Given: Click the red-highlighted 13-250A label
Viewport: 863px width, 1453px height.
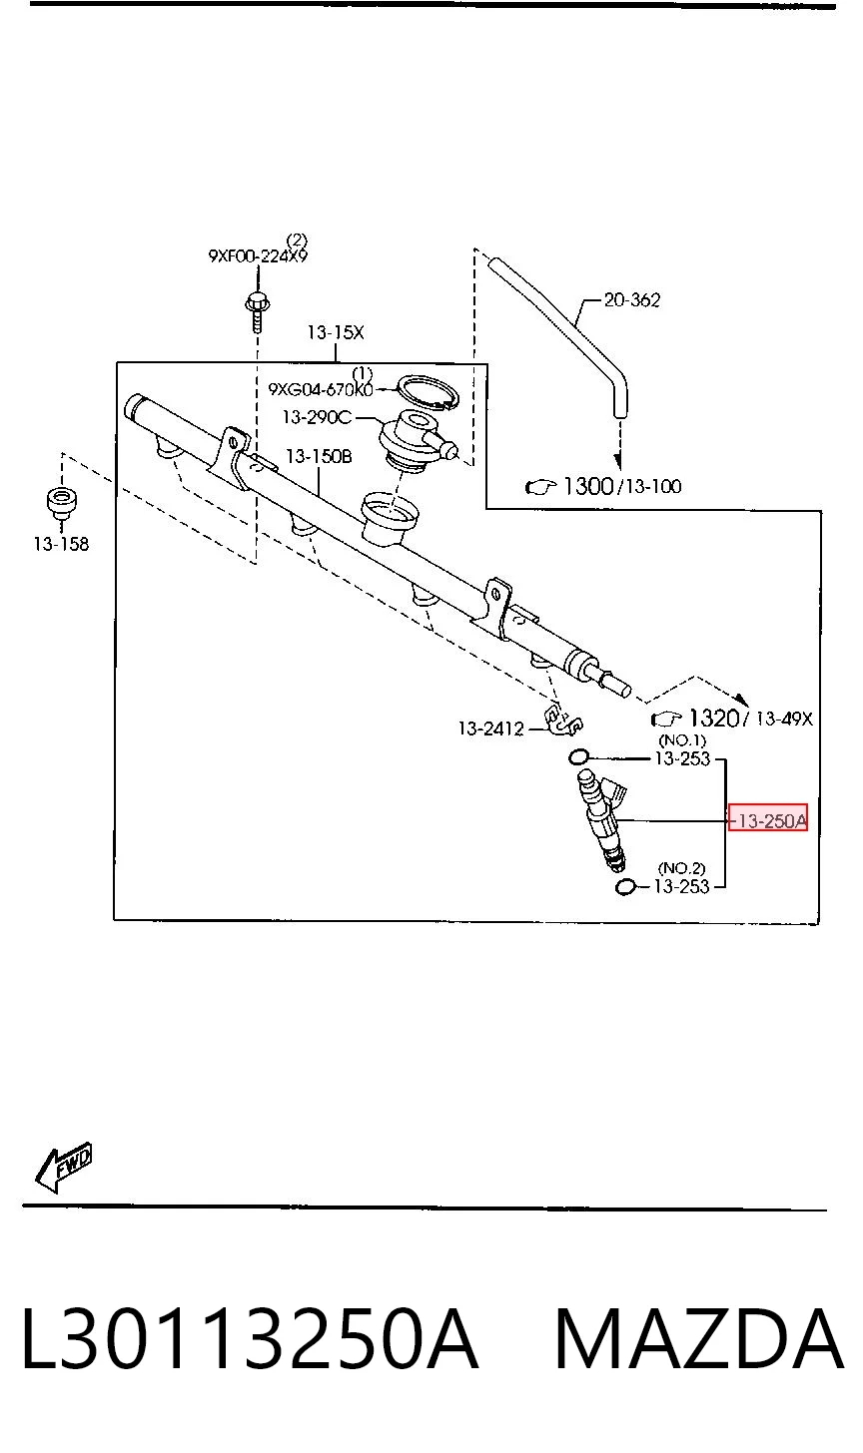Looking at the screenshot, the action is (x=767, y=821).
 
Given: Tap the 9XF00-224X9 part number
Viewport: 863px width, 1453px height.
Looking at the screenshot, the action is (x=258, y=255).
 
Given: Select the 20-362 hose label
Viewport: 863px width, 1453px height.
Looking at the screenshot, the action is (x=632, y=299).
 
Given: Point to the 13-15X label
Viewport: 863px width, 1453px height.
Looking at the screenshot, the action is (x=336, y=332).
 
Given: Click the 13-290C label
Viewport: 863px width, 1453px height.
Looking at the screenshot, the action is (x=317, y=417).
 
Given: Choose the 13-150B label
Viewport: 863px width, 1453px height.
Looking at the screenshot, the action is (x=319, y=457).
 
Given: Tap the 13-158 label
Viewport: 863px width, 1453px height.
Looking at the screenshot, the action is (x=61, y=544).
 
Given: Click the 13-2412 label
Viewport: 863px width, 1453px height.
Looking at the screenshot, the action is (x=490, y=728).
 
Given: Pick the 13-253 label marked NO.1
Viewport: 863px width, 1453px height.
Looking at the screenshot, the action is (x=682, y=758).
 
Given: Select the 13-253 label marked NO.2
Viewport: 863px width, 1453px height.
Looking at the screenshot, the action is (x=681, y=886).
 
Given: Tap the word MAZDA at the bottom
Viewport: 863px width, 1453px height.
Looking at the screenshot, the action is (x=699, y=1339).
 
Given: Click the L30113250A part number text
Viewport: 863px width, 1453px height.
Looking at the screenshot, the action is (x=250, y=1339).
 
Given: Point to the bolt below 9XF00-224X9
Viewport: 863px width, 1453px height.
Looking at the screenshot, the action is (x=258, y=312).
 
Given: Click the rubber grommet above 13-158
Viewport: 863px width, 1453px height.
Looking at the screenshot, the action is (x=61, y=501).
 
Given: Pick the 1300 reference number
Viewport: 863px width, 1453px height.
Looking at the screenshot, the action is (x=588, y=486).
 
